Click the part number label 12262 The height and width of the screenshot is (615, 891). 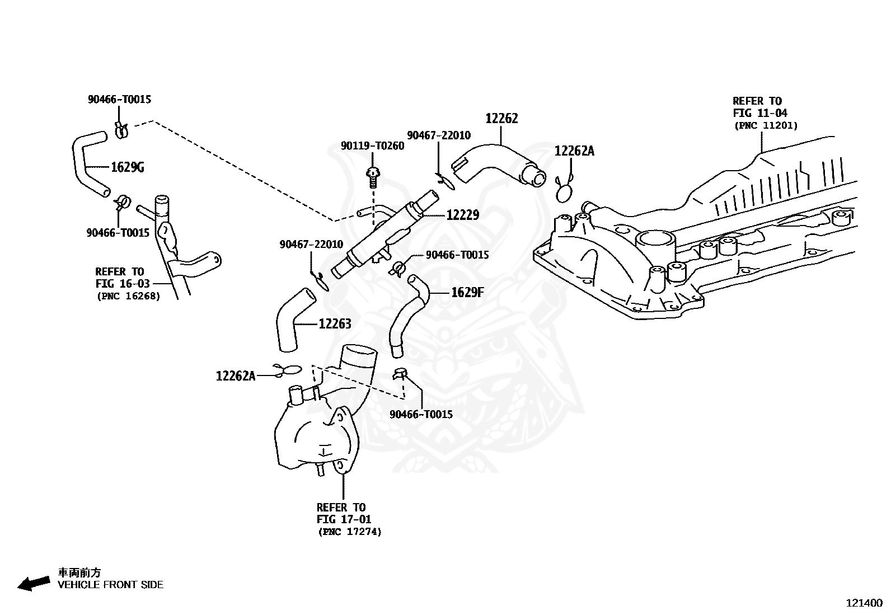501,118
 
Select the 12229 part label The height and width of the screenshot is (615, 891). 463,215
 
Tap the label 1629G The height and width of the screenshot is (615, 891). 127,167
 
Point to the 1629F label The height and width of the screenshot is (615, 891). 467,292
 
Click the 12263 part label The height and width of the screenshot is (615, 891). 335,324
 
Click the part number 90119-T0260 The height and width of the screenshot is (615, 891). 372,146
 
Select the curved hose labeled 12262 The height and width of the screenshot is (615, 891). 497,162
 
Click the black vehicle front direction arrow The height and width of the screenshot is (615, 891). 34,583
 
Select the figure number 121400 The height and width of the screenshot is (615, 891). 864,603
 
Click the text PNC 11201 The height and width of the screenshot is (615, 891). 766,126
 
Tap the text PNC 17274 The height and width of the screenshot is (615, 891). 350,532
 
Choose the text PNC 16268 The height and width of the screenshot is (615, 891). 129,297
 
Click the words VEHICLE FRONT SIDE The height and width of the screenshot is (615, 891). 111,585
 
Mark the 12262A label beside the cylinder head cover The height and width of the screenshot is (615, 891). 574,151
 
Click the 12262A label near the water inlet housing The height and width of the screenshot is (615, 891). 236,376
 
